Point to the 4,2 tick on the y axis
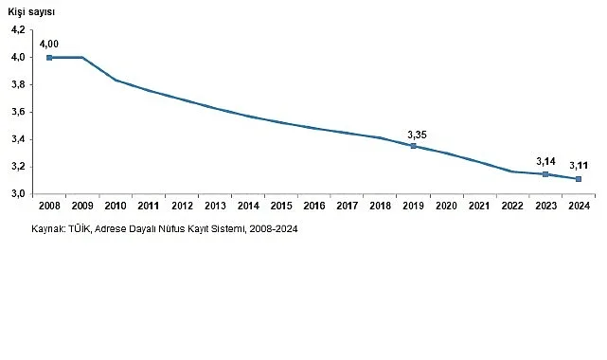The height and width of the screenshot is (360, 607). pyautogui.click(x=19, y=30)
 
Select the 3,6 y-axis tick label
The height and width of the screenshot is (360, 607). pyautogui.click(x=19, y=112)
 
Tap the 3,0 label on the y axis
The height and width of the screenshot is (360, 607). pyautogui.click(x=19, y=194)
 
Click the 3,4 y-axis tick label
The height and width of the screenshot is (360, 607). pyautogui.click(x=19, y=139)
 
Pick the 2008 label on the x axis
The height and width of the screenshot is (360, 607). pyautogui.click(x=49, y=207)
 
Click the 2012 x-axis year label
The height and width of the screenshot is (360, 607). pyautogui.click(x=181, y=207)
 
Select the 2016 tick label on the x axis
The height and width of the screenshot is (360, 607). pyautogui.click(x=313, y=207)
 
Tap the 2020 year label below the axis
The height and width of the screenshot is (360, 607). pyautogui.click(x=446, y=207)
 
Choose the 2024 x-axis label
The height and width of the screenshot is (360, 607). pyautogui.click(x=579, y=207)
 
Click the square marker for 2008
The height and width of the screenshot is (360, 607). pyautogui.click(x=49, y=58)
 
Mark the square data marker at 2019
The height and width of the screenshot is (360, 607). pyautogui.click(x=413, y=146)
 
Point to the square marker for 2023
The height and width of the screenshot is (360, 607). pyautogui.click(x=545, y=174)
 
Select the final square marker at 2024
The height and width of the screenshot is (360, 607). pyautogui.click(x=579, y=179)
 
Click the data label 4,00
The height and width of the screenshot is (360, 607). pyautogui.click(x=49, y=43)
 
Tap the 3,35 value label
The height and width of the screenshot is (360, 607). pyautogui.click(x=417, y=134)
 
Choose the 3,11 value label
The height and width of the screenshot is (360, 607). pyautogui.click(x=580, y=166)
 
